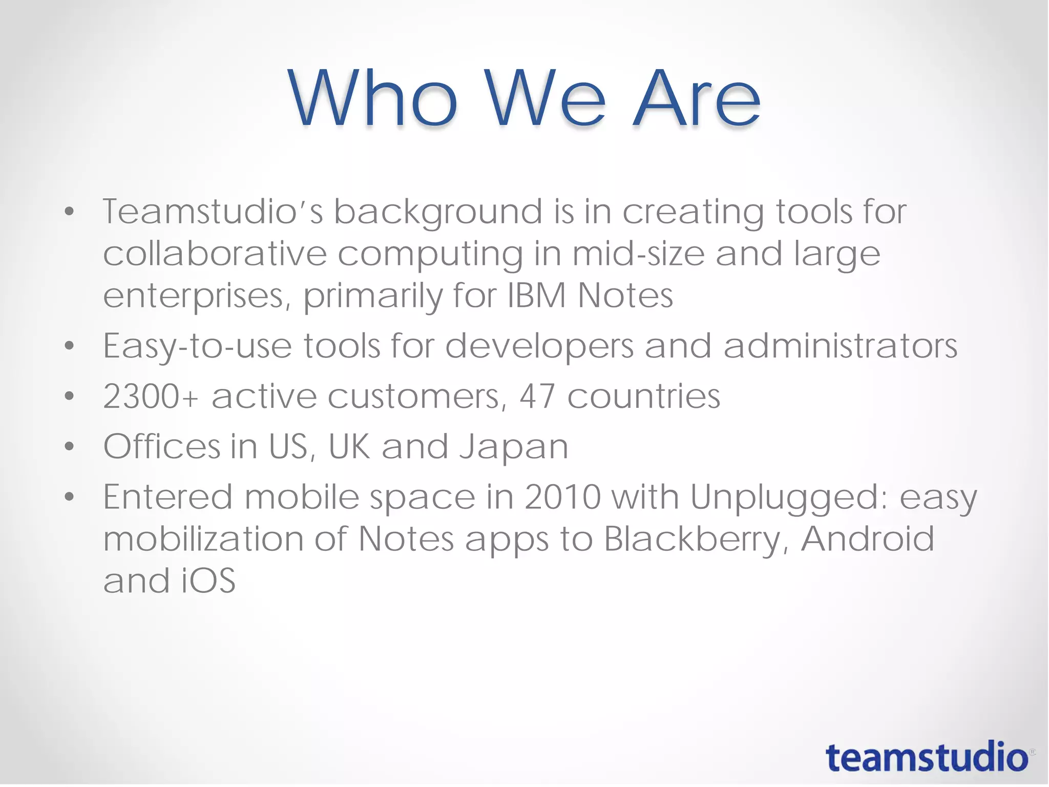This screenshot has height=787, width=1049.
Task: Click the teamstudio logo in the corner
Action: [x=927, y=757]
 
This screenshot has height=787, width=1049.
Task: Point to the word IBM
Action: [x=537, y=296]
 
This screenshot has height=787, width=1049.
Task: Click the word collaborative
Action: [x=215, y=254]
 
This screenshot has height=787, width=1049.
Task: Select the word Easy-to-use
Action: [x=198, y=346]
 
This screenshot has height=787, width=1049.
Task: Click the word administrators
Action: [x=840, y=346]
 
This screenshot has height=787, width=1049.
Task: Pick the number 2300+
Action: [x=151, y=397]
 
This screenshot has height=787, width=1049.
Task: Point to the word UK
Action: [x=349, y=447]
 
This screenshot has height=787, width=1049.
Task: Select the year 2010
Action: [x=562, y=497]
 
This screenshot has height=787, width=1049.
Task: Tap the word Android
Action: [x=868, y=539]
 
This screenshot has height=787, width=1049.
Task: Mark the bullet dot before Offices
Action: [x=70, y=447]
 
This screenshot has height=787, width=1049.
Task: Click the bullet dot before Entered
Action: [x=70, y=497]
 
